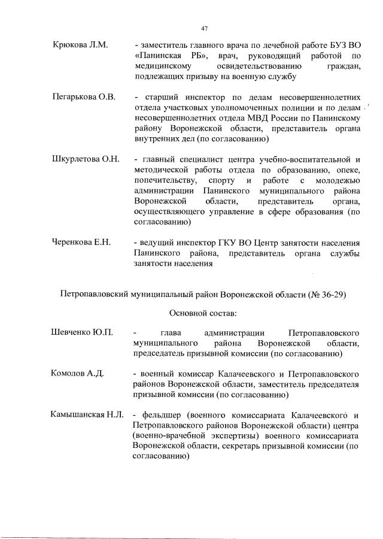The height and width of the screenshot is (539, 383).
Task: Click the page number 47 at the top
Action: tap(203, 28)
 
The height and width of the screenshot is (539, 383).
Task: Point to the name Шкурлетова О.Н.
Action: tap(87, 159)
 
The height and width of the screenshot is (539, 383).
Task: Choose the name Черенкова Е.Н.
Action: tap(82, 243)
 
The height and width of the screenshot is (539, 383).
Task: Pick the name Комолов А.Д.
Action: tap(78, 374)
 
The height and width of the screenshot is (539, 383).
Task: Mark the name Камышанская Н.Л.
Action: tap(87, 415)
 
